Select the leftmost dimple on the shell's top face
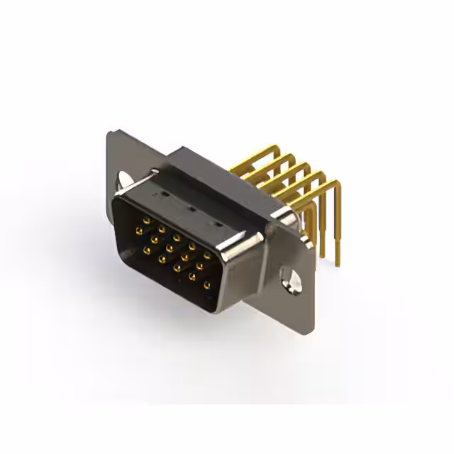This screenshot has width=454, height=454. [x=164, y=193]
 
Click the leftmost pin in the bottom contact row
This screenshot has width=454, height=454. [x=146, y=249]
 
